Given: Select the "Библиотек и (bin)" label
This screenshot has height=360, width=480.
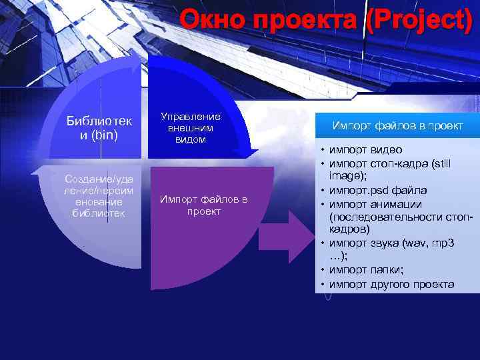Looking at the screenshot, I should (99, 128).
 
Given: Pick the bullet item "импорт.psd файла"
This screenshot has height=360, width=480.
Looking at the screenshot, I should (378, 191).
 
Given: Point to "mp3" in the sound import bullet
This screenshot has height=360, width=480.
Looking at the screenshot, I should (441, 243).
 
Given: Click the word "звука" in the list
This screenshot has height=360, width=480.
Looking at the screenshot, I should (383, 243).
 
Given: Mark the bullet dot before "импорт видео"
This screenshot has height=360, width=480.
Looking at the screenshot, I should (321, 150).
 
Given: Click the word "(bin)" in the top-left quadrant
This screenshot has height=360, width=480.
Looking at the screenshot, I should (105, 135).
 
